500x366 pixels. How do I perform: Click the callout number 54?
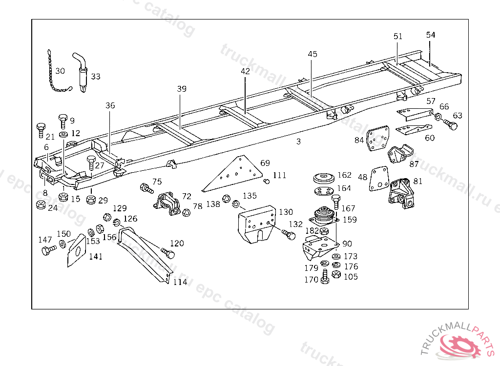pyautogui.click(x=430, y=35)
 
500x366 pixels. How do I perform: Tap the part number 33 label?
pyautogui.click(x=96, y=77)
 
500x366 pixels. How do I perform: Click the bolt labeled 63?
pyautogui.click(x=452, y=125)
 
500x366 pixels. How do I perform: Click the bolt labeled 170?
pyautogui.click(x=325, y=277)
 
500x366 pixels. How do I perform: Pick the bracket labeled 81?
pyautogui.click(x=400, y=193)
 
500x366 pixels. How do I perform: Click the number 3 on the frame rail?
pyautogui.click(x=298, y=142)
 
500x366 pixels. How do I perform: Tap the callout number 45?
pyautogui.click(x=312, y=54)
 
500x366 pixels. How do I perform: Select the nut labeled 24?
pyautogui.click(x=41, y=204)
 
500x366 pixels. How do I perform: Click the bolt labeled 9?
pyautogui.click(x=62, y=120)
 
